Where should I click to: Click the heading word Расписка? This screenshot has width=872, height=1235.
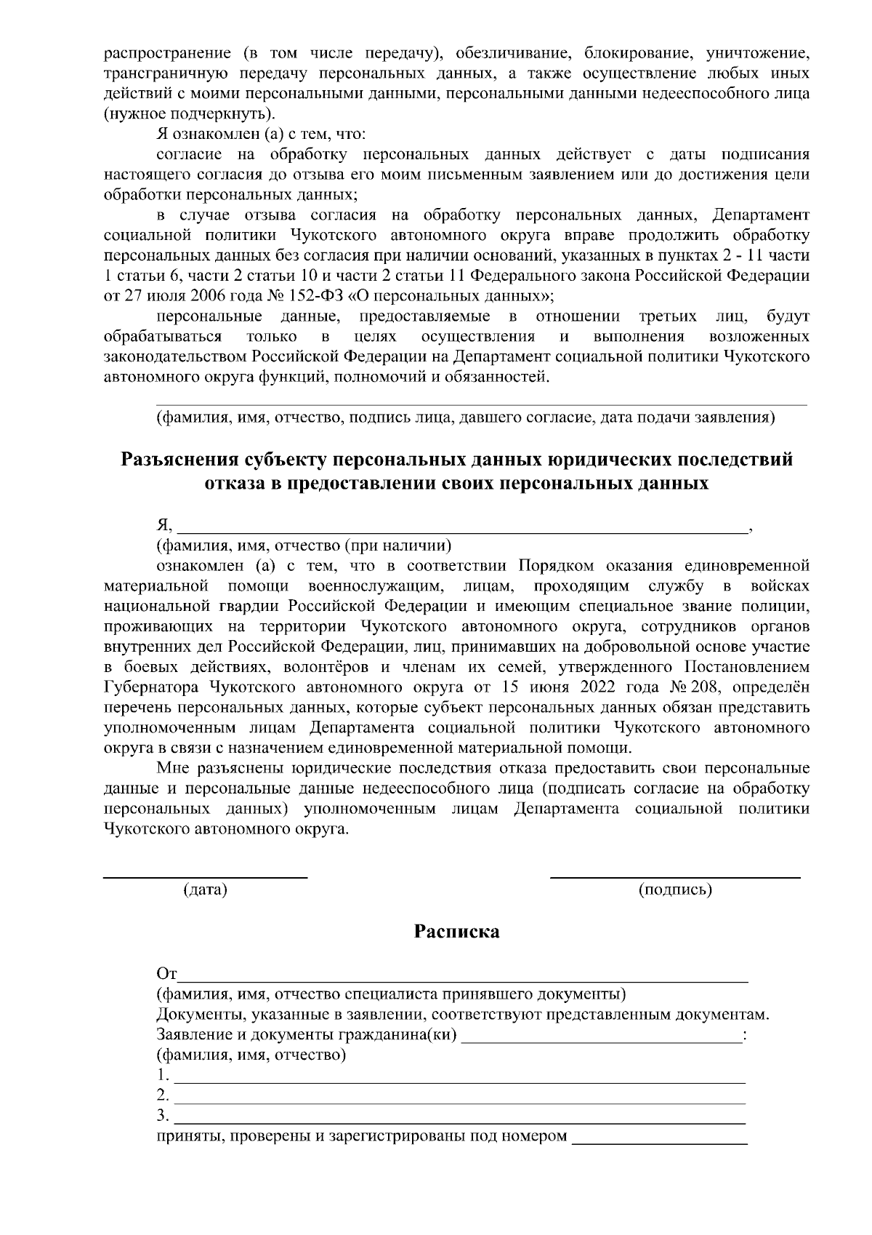pos(456,931)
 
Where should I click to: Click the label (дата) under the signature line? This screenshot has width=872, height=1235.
pos(205,890)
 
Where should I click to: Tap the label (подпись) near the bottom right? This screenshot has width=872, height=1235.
pos(674,890)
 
